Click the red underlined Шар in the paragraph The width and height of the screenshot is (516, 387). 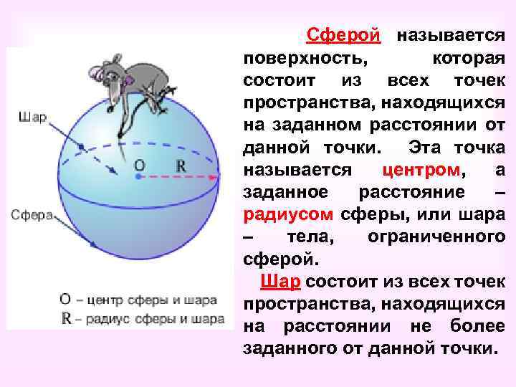(x=280, y=280)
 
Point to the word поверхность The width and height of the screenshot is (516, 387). (x=298, y=57)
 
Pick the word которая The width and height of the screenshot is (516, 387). (x=467, y=57)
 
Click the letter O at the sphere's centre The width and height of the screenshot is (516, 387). (x=140, y=166)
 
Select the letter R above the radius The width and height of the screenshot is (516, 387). (x=181, y=166)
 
